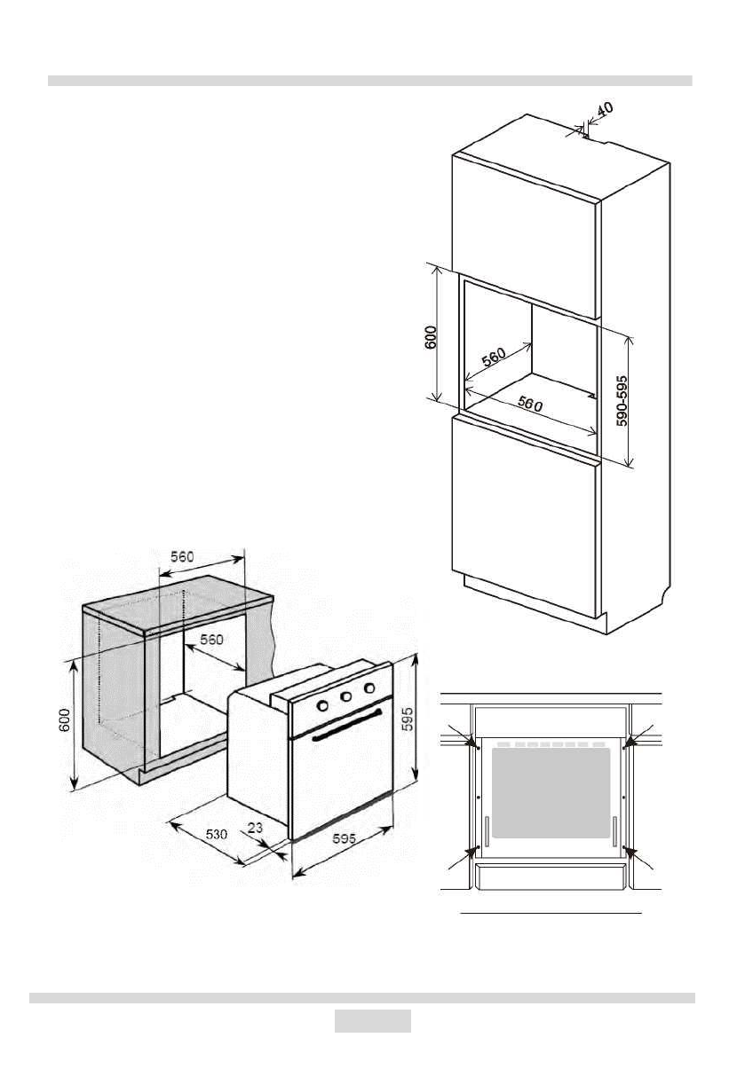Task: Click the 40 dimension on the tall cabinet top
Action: [x=604, y=110]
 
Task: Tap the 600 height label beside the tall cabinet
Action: [x=430, y=340]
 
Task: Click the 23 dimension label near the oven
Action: [x=255, y=827]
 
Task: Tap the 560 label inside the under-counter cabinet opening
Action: [x=210, y=640]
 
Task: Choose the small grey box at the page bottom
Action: [x=372, y=1021]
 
